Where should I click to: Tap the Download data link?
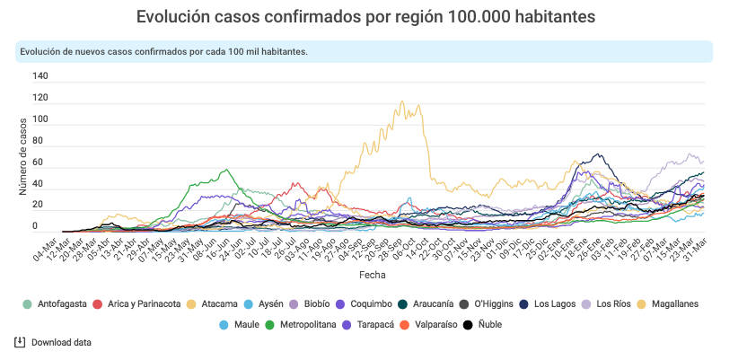(61, 342)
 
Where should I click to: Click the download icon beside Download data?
(20, 342)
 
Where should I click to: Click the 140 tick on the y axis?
(40, 76)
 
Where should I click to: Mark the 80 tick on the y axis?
(40, 142)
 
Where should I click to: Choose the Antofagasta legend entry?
(56, 304)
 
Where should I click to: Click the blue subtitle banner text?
(163, 51)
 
